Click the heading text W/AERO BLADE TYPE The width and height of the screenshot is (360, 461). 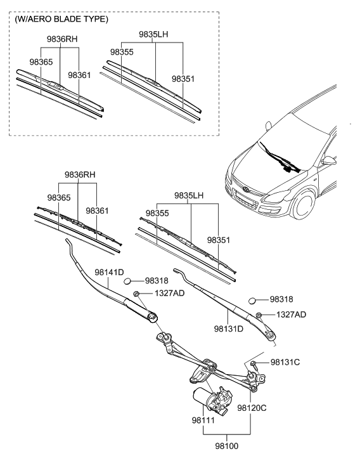coord(61,19)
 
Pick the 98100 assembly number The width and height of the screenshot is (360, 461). coord(227,446)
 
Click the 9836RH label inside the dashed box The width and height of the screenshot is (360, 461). coord(61,39)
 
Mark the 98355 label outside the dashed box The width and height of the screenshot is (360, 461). coord(158,214)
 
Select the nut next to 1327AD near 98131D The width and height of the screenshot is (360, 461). coord(259,315)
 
